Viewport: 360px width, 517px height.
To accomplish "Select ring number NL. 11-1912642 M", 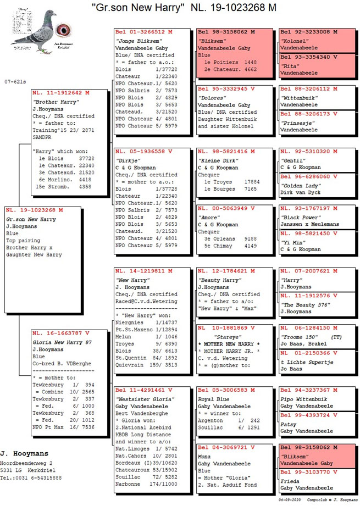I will click(x=60, y=93).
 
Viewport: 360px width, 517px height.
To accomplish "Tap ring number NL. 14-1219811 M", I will click(x=144, y=271).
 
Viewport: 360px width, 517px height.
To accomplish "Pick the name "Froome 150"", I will click(x=301, y=336).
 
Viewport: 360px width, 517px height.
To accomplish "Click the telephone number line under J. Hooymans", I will click(x=31, y=477).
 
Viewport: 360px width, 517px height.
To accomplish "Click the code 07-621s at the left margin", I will click(x=15, y=81).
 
